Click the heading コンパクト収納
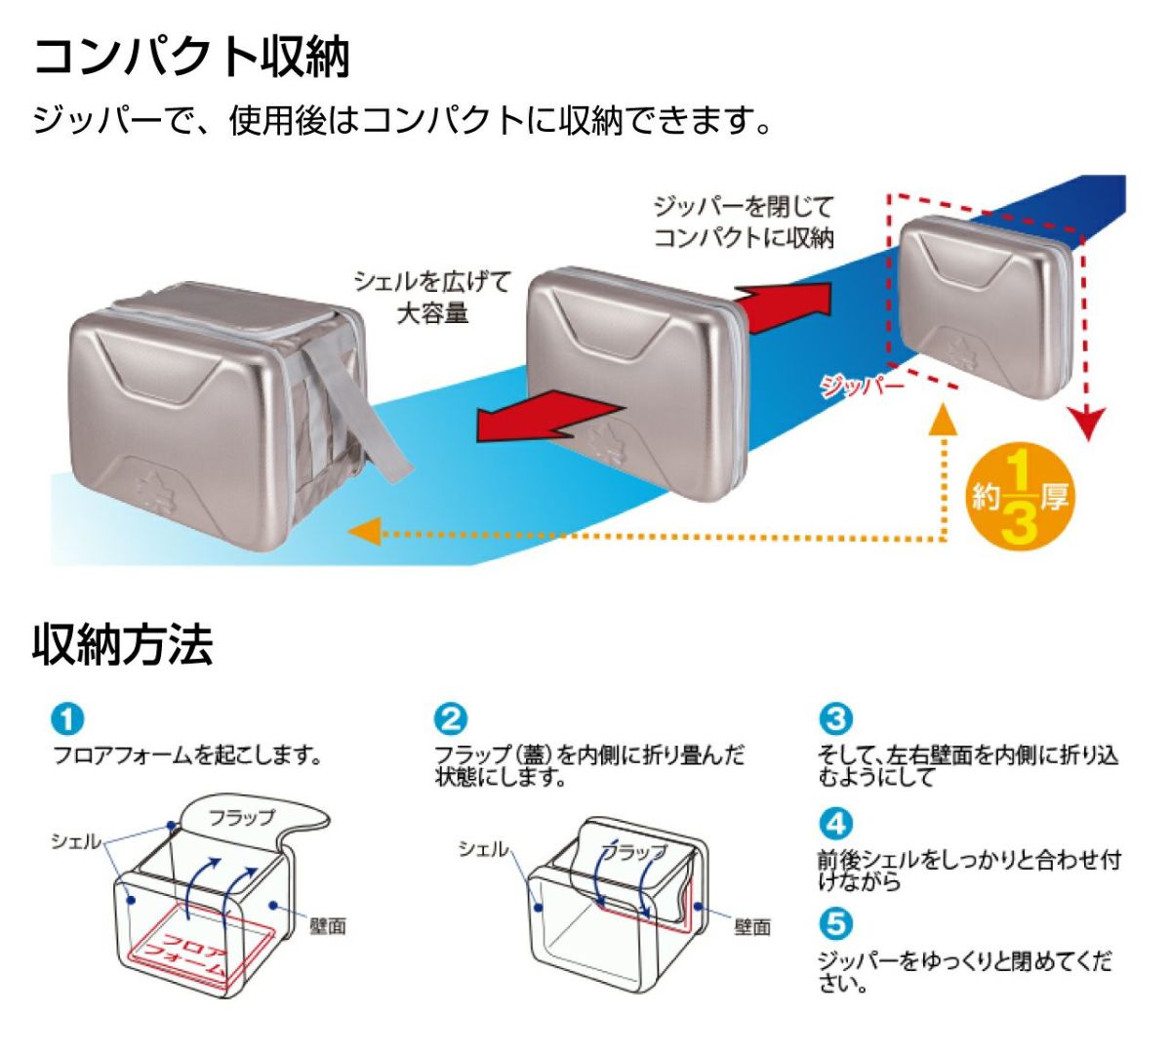[191, 57]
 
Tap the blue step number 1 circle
[67, 721]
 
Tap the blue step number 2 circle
[451, 721]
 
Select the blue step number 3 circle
[835, 720]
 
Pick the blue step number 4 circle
[835, 824]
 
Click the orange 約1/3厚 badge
[1020, 498]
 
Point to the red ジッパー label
[862, 386]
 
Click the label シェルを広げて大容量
[432, 298]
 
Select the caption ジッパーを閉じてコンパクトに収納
[744, 222]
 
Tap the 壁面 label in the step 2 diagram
[752, 926]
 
